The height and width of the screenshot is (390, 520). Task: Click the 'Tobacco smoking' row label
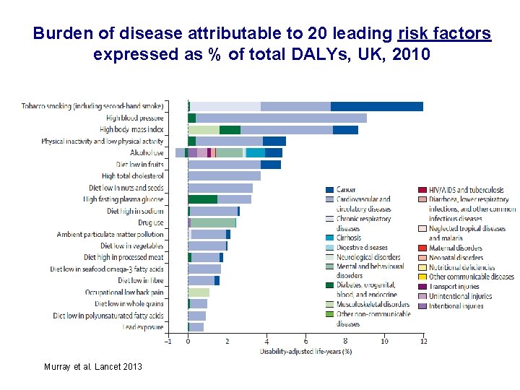point(92,106)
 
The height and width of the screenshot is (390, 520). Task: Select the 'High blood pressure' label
point(135,118)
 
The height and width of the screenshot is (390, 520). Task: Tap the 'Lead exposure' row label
point(143,327)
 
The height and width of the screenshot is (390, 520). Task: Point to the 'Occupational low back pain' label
point(123,292)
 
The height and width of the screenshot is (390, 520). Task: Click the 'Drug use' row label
point(151,222)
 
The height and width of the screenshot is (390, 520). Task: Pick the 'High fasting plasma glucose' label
point(123,199)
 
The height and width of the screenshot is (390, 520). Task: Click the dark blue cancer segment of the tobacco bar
point(376,106)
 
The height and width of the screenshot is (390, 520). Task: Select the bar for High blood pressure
point(282,118)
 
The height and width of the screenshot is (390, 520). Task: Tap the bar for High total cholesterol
point(224,175)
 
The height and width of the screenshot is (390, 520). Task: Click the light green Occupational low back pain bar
point(199,292)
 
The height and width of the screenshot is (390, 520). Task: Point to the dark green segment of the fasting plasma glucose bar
point(202,199)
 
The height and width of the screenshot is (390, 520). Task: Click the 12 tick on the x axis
point(423,341)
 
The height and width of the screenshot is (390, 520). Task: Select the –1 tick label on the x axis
point(168,341)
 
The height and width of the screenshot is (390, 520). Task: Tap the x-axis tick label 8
point(345,341)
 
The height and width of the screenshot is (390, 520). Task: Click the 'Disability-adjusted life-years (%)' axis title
point(305,352)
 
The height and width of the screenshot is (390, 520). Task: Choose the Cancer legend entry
point(346,190)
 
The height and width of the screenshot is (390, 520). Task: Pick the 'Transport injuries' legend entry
point(454,287)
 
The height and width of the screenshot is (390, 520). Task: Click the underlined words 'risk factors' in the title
point(444,34)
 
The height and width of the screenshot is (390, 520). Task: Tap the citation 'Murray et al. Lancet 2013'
point(93,367)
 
